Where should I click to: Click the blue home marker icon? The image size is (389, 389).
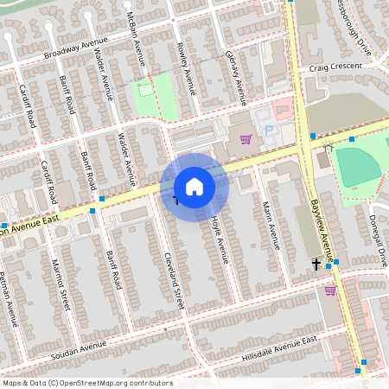tap(194, 186)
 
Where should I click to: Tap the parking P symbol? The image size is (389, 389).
tap(268, 130)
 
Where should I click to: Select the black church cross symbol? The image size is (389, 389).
tap(316, 264)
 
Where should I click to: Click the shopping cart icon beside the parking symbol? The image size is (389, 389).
tap(246, 138)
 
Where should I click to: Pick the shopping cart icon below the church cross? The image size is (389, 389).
tap(330, 290)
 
